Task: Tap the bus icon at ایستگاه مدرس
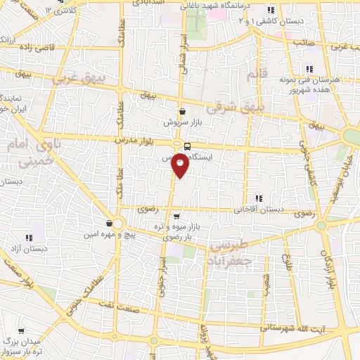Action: tap(187, 146)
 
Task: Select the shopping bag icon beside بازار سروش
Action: tap(182, 110)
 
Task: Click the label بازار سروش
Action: tap(178, 122)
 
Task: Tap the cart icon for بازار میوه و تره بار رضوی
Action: tap(176, 216)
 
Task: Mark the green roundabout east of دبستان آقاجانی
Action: tap(321, 226)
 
